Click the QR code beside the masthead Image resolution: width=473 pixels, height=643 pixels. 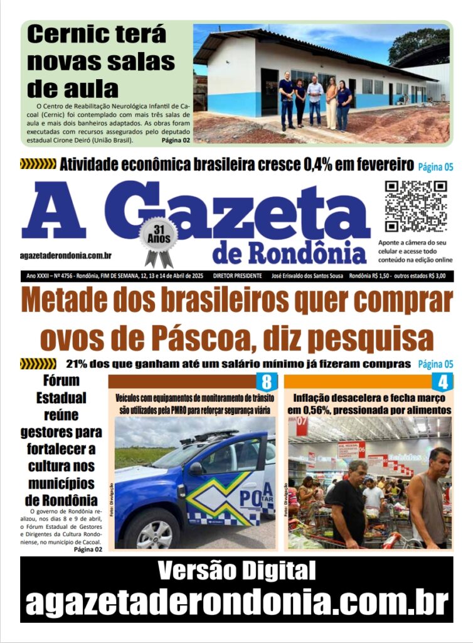416,207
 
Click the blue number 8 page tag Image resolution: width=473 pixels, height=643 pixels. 266,381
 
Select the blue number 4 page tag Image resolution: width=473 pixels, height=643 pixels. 442,381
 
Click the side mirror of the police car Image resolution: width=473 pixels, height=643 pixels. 196,468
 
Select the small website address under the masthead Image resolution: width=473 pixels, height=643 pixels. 66,255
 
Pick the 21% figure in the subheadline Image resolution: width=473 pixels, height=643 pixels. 77,364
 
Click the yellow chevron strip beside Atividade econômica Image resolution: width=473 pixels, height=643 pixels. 38,165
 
